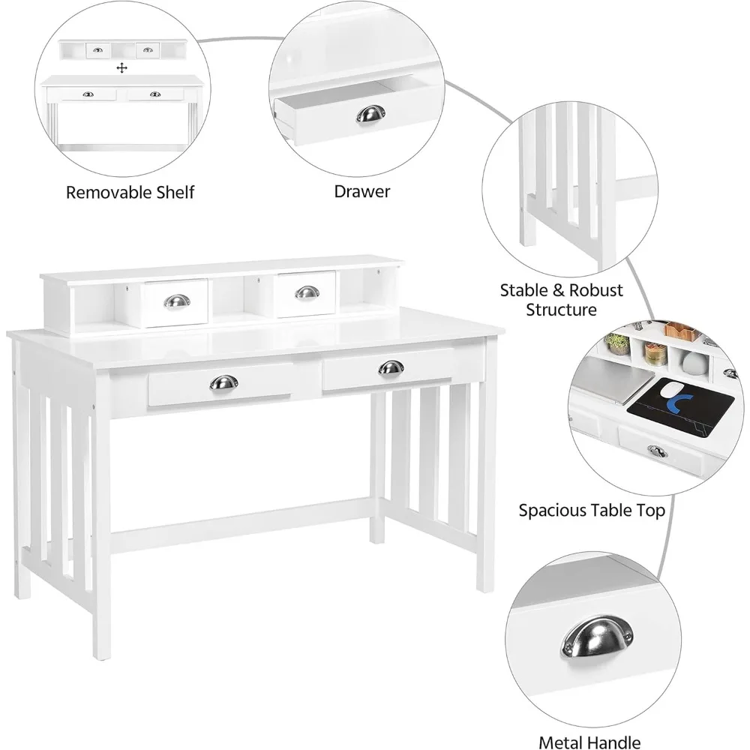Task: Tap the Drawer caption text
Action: pyautogui.click(x=362, y=191)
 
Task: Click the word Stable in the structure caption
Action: pyautogui.click(x=524, y=290)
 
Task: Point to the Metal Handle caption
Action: pyautogui.click(x=589, y=742)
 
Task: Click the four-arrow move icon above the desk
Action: pyautogui.click(x=122, y=68)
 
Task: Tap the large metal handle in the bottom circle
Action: pyautogui.click(x=597, y=637)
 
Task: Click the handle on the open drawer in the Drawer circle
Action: pyautogui.click(x=370, y=113)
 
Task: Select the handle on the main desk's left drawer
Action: pyautogui.click(x=223, y=382)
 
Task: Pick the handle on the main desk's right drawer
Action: pyautogui.click(x=391, y=367)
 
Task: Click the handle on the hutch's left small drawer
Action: pyautogui.click(x=177, y=301)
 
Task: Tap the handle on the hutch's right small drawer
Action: pyautogui.click(x=307, y=292)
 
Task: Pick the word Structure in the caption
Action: pyautogui.click(x=561, y=310)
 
